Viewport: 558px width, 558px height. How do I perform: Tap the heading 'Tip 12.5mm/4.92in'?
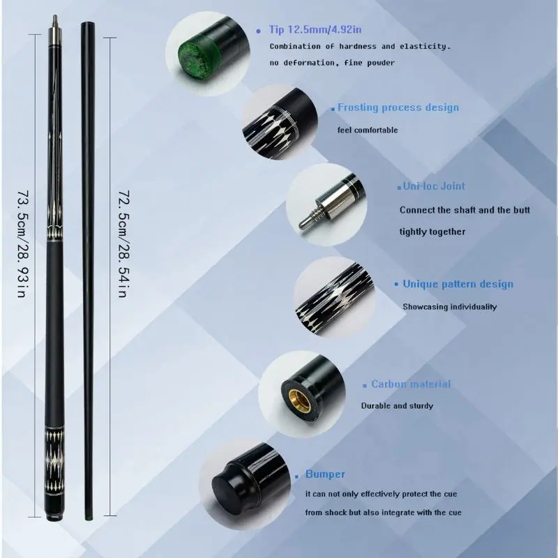coord(315,29)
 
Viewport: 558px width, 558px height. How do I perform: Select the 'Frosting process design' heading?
coord(398,107)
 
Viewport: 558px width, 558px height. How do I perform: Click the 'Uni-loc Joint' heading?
coord(434,186)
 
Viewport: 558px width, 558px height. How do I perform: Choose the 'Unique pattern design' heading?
coord(458,284)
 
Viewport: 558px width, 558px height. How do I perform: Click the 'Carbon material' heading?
coord(411,384)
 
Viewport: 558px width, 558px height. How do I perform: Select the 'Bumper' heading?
coord(325,474)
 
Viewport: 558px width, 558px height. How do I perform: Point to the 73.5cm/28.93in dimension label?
coord(22,243)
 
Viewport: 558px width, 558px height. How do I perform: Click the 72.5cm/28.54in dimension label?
coord(123,243)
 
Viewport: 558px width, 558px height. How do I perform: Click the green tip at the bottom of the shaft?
coord(89,517)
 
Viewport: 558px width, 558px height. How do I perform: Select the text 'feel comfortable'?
coord(368,130)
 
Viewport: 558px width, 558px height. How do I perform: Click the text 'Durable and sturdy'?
coord(397,406)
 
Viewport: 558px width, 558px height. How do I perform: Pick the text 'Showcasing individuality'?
coord(449,307)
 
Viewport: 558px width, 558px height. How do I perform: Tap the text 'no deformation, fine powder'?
coord(332,63)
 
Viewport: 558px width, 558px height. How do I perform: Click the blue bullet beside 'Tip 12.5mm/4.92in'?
coord(258,31)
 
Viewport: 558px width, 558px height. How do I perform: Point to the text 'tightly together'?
coord(432,232)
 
